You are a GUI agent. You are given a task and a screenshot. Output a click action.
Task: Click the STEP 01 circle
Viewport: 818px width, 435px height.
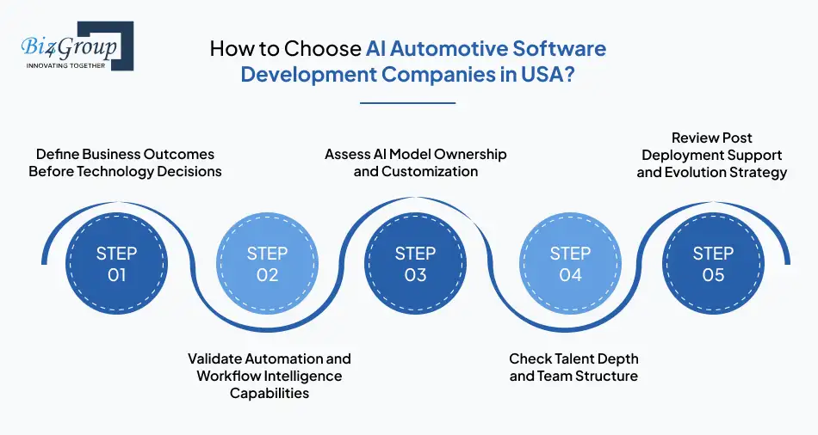coord(117,264)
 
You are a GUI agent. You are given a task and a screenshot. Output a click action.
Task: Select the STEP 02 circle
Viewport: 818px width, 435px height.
coord(267,264)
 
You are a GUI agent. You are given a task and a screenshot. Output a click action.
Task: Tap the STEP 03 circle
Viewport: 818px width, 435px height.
coord(416,264)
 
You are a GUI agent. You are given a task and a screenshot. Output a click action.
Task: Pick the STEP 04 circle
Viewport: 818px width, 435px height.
coord(570,264)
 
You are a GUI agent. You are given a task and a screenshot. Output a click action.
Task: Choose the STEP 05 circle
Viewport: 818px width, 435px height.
coord(714,264)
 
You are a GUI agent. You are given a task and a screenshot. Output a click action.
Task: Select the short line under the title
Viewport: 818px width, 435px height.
coord(406,103)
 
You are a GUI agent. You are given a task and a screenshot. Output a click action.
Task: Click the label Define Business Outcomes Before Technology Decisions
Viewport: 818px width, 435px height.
coord(125,162)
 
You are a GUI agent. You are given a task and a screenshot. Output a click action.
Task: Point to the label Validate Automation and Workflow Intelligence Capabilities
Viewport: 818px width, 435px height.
coord(270,376)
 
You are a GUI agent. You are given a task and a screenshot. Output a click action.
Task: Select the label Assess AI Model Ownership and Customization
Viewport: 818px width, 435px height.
coord(416,162)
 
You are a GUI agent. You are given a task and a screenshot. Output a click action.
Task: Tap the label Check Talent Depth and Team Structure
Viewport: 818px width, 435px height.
coord(573,367)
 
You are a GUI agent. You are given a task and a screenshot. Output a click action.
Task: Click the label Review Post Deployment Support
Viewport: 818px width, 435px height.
coord(711,155)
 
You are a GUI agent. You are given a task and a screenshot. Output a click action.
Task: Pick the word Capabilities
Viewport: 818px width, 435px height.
coord(270,393)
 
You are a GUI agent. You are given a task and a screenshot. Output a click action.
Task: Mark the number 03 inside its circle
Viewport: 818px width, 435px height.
coord(416,275)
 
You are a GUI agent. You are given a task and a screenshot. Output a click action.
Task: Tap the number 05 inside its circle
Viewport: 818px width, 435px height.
coord(714,275)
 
